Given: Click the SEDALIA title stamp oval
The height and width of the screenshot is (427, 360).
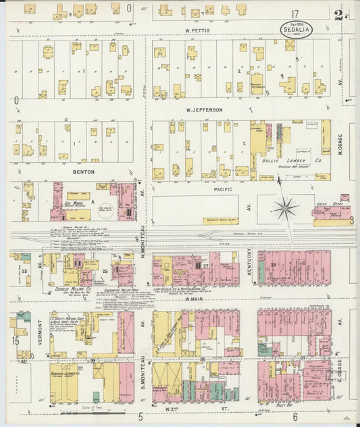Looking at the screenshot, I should click(297, 31).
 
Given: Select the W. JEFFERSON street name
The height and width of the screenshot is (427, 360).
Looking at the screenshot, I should click(205, 109).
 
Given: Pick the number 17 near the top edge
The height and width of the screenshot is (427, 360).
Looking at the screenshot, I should click(294, 14).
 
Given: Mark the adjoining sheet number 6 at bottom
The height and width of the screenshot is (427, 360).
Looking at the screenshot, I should click(295, 417).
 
